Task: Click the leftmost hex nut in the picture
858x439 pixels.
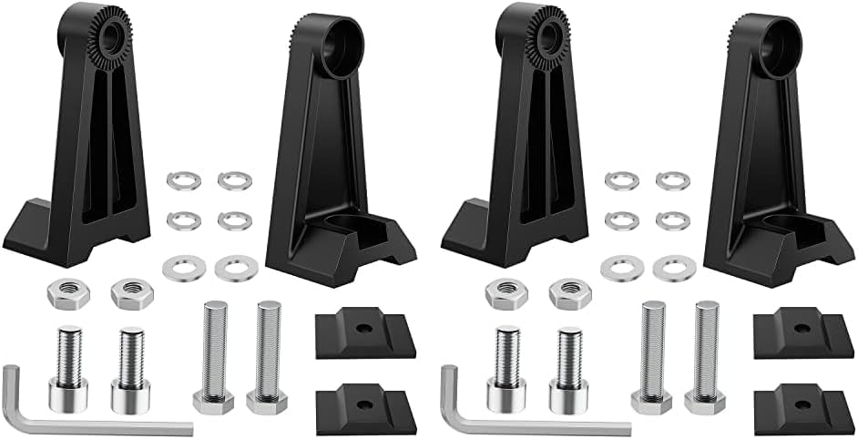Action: coord(60,294)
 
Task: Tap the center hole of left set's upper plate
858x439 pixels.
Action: coord(362,328)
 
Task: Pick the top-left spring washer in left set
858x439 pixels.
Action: coord(179,180)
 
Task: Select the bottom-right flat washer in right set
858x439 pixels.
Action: coord(674,268)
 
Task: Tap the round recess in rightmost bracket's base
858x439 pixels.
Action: coord(783,226)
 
